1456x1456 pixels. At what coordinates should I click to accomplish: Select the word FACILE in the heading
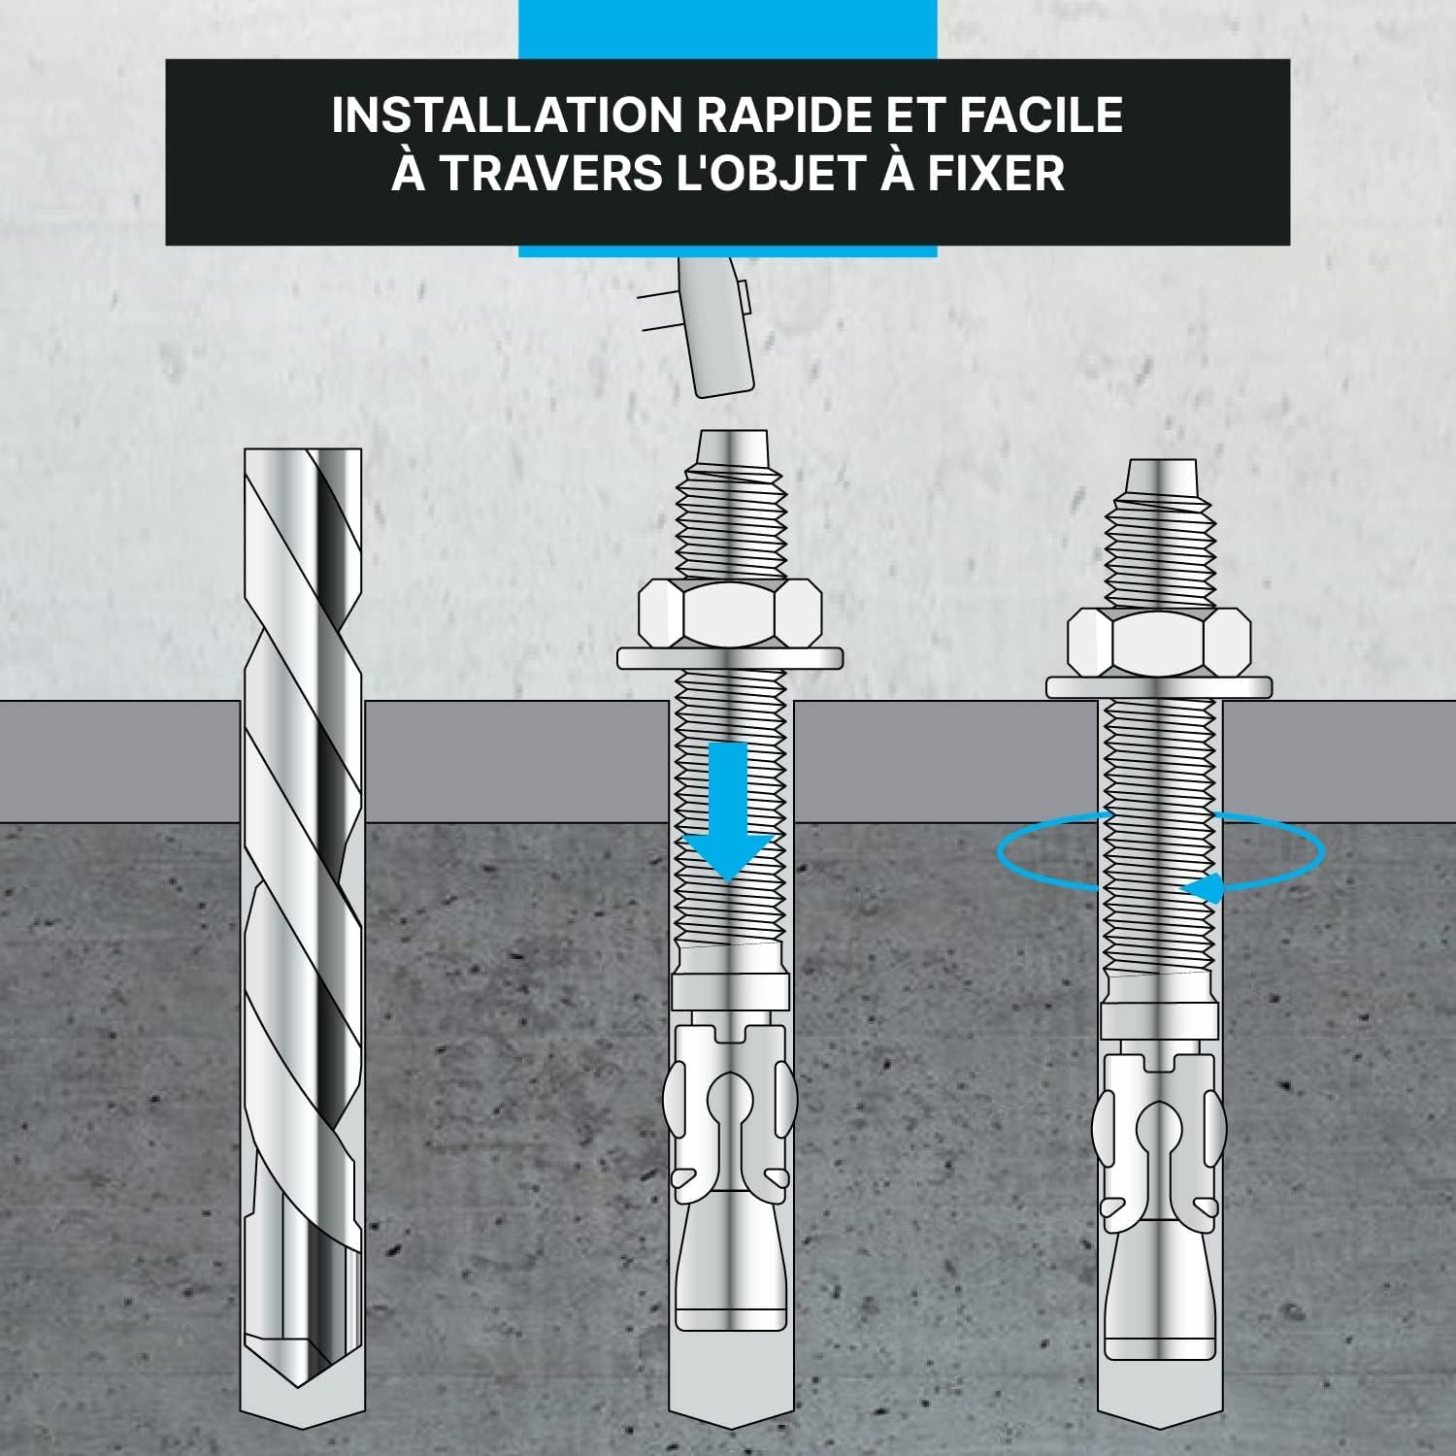[x=1041, y=115]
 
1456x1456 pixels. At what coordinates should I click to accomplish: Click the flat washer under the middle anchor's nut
[x=729, y=659]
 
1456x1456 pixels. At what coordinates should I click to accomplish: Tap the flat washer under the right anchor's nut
[x=1158, y=687]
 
